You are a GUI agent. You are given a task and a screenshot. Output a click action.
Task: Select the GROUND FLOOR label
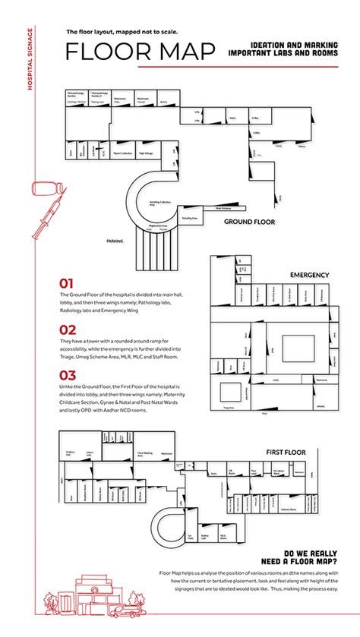[248, 222]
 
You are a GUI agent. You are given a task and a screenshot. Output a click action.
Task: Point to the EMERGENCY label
[309, 274]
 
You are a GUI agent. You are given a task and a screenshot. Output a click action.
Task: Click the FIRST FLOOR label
[286, 453]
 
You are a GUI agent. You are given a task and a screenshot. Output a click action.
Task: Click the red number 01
[68, 283]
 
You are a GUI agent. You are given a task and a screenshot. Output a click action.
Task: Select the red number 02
[68, 330]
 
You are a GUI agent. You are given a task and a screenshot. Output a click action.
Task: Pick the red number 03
[68, 375]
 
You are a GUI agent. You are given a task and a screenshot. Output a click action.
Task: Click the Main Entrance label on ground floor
[223, 208]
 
